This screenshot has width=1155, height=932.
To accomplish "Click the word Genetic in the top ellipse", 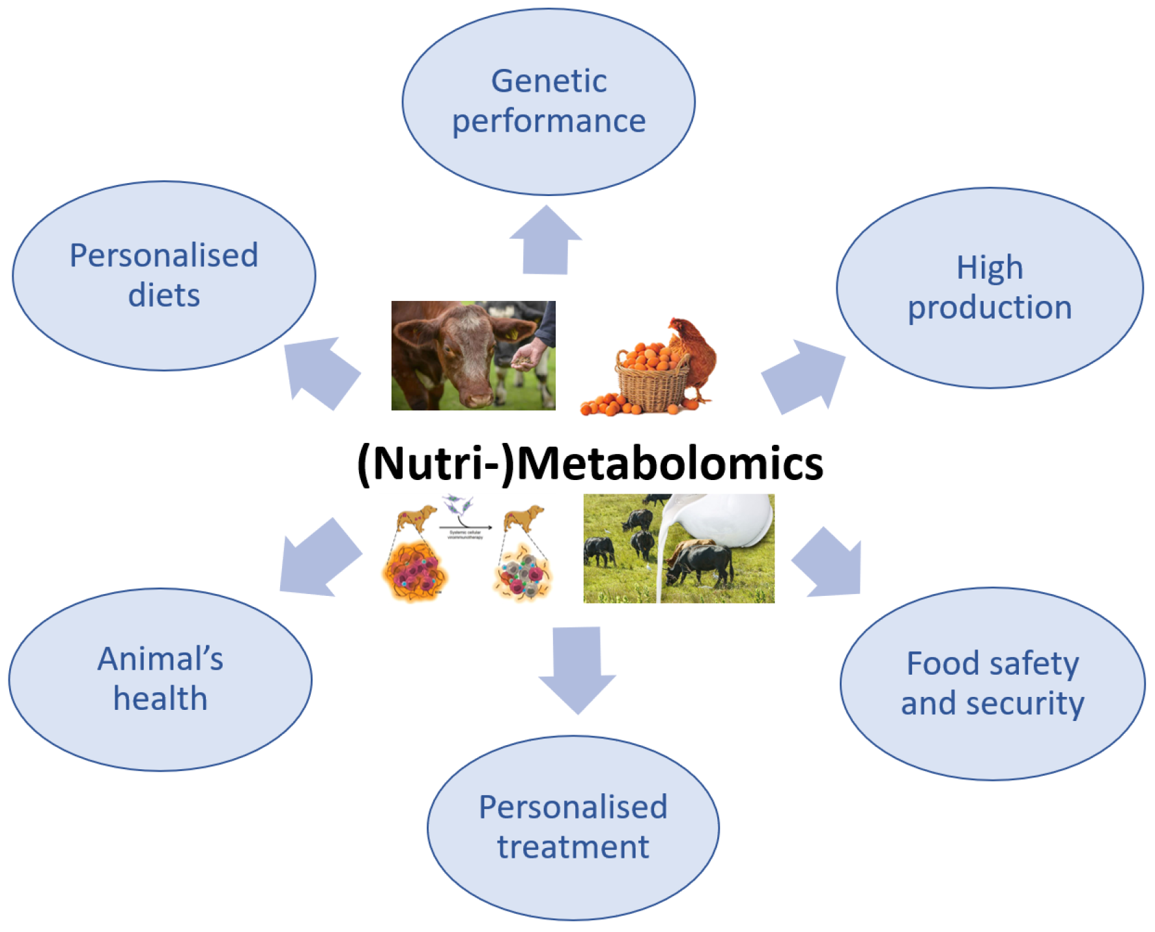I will (x=549, y=81).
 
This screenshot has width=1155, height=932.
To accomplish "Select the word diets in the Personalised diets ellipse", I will (x=164, y=295).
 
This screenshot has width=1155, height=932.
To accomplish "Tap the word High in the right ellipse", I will (x=989, y=268).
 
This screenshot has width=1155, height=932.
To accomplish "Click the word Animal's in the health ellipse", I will (x=160, y=658).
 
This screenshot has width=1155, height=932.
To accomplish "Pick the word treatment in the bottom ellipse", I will (x=573, y=847).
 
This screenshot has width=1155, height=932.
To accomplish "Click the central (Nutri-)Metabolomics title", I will (x=590, y=464).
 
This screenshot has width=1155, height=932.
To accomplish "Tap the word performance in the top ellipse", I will (x=549, y=121).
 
